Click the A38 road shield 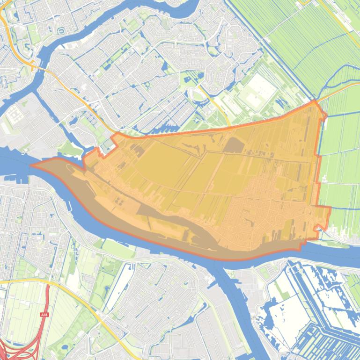(x=44, y=315)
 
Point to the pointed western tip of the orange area (x=32, y=165)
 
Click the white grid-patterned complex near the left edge (x=15, y=114)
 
